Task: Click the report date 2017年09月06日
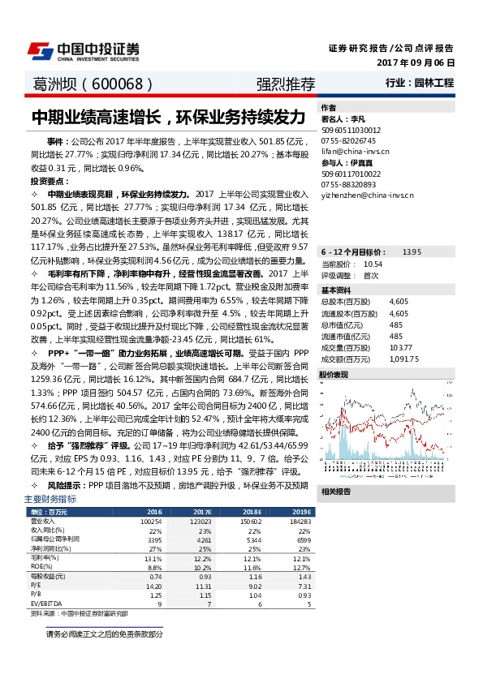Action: [x=416, y=62]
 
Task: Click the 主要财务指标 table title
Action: [x=50, y=498]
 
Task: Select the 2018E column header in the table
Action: [x=252, y=512]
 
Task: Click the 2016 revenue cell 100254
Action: [x=152, y=522]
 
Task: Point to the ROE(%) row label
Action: [x=41, y=567]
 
